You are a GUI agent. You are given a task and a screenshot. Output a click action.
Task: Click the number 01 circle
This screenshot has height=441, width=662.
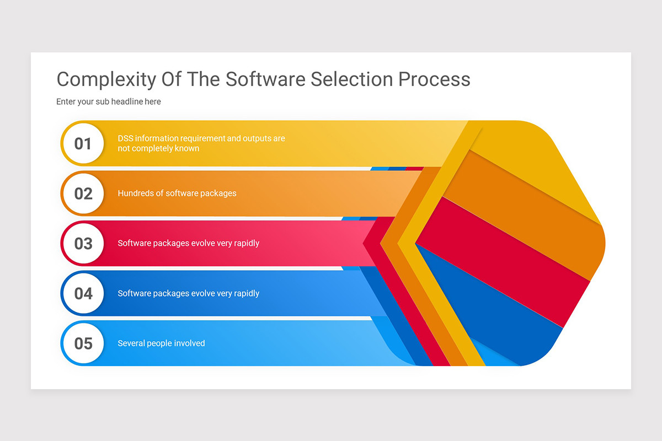(83, 144)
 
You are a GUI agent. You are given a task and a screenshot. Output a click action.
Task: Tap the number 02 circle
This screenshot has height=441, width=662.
(83, 193)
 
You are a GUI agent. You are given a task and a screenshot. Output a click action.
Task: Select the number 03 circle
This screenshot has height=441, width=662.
(83, 244)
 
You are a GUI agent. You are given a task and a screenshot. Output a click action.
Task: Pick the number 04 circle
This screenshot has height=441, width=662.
(83, 293)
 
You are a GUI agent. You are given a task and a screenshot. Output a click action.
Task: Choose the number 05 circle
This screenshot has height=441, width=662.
(83, 343)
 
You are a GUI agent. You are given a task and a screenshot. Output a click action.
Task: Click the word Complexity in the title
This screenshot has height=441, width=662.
(106, 79)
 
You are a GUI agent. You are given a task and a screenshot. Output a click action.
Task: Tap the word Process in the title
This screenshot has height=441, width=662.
(435, 79)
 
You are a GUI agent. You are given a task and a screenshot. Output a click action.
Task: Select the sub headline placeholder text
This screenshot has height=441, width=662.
(109, 101)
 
